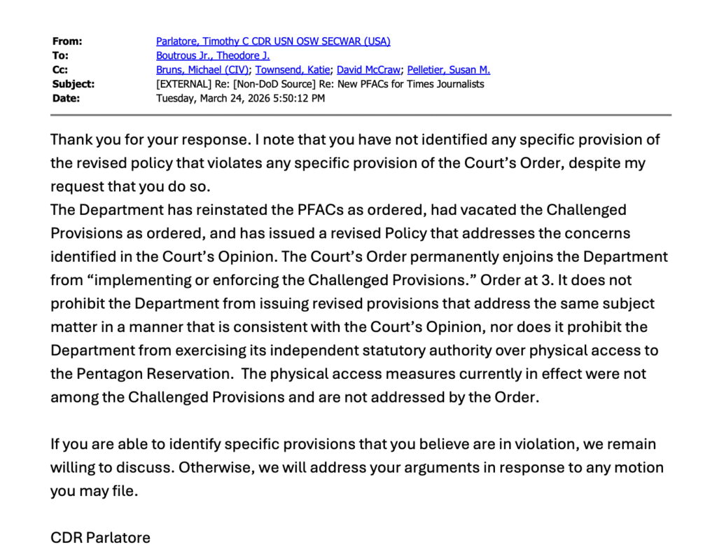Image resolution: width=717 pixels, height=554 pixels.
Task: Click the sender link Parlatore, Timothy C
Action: [273, 41]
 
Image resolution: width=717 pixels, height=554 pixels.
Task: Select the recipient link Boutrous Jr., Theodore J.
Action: [213, 55]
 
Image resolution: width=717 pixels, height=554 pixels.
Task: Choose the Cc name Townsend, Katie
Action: [293, 69]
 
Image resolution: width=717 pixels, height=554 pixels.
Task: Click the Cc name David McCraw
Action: [369, 69]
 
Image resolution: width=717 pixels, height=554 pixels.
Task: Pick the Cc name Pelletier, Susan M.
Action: [449, 69]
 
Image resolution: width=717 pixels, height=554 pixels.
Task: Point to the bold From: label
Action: [67, 41]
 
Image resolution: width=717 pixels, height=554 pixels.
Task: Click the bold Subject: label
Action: [74, 84]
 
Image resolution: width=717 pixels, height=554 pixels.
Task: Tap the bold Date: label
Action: [67, 98]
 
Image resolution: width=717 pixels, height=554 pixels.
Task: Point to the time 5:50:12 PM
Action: [303, 98]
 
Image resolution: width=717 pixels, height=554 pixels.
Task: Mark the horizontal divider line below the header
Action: [361, 115]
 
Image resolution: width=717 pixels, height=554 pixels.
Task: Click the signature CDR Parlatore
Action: [100, 538]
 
